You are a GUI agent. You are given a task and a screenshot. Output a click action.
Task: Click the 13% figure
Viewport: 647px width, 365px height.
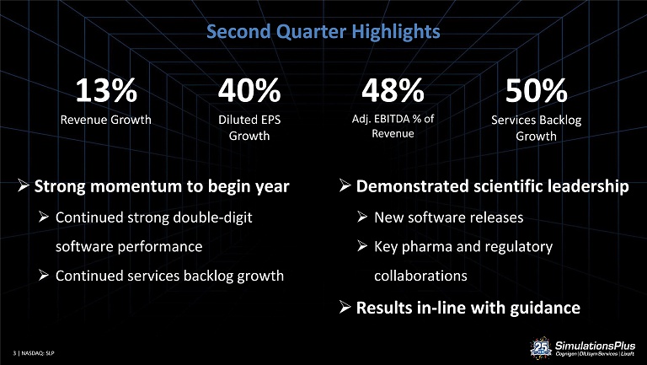click(106, 90)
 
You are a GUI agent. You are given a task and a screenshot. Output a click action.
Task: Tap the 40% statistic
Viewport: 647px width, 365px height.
click(249, 90)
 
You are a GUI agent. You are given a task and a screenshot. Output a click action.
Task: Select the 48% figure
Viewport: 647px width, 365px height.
click(393, 90)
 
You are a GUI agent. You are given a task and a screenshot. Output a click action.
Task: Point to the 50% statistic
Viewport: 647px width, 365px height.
click(536, 90)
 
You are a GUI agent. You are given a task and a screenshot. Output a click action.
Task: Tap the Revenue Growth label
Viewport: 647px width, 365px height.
click(105, 120)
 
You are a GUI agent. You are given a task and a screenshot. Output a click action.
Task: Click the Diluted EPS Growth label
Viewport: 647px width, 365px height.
click(249, 127)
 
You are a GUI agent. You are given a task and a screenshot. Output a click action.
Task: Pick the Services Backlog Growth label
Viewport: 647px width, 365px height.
click(536, 128)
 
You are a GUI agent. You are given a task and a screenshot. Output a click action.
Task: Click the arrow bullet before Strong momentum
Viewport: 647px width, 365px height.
click(24, 185)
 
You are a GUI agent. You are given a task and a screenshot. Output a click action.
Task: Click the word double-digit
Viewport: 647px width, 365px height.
click(212, 217)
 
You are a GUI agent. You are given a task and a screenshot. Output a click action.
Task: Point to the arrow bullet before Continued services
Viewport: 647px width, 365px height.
click(44, 275)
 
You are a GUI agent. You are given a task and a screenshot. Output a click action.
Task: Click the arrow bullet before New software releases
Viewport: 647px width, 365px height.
click(362, 217)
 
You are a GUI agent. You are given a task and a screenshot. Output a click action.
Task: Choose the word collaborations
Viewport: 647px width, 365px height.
click(420, 276)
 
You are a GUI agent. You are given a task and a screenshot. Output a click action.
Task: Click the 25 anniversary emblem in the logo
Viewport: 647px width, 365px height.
click(541, 347)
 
